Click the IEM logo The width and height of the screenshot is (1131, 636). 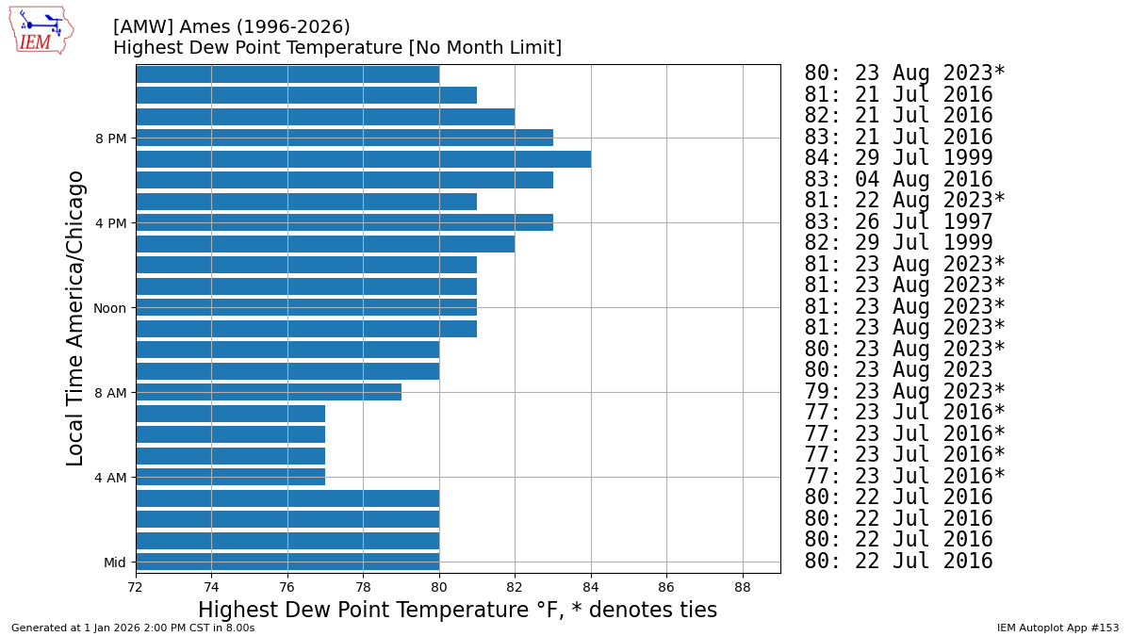(x=41, y=30)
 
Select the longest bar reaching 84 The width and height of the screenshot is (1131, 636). (x=363, y=159)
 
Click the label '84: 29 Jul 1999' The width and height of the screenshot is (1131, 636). (x=897, y=158)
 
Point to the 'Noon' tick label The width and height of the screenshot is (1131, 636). (x=109, y=308)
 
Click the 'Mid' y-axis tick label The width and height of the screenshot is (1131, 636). (x=114, y=563)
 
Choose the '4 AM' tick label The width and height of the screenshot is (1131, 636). (x=110, y=478)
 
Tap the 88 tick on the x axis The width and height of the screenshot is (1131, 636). (x=743, y=586)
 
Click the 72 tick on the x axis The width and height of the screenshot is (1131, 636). (x=136, y=586)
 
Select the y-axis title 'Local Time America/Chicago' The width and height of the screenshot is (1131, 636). (x=75, y=318)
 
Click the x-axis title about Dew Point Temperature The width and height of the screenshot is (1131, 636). (x=457, y=610)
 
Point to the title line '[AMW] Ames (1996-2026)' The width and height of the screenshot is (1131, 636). (x=231, y=27)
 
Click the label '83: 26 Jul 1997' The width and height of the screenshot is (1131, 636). (x=897, y=222)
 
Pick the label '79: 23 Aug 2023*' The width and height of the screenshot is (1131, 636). (x=904, y=392)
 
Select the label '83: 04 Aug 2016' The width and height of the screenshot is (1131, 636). (x=897, y=180)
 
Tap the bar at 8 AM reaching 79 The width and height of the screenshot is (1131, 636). (x=269, y=392)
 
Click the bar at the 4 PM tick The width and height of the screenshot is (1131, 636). (x=344, y=222)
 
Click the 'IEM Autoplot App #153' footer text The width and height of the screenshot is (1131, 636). (x=1057, y=628)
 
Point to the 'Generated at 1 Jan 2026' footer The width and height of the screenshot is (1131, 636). (x=133, y=628)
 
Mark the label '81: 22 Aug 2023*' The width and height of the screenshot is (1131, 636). (x=904, y=201)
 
